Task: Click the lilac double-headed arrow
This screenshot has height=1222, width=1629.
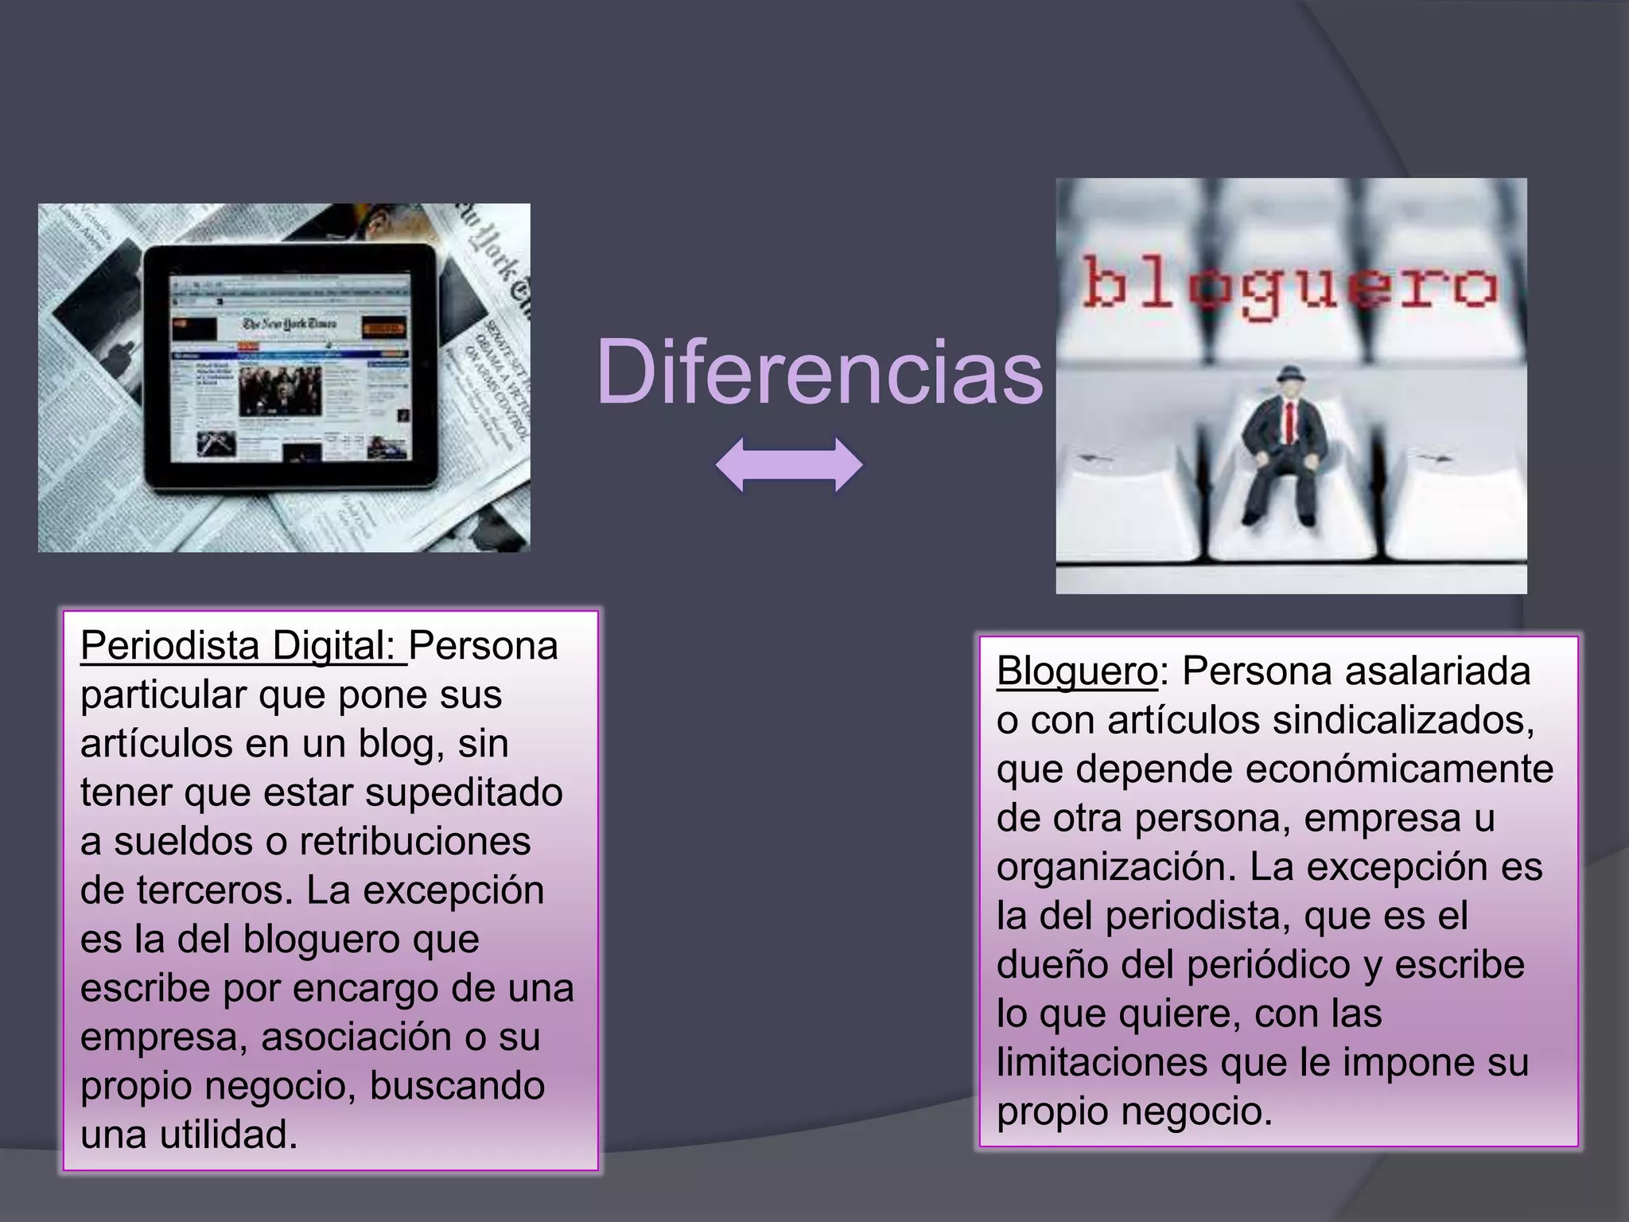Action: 789,465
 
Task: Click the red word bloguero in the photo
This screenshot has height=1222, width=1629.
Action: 1290,288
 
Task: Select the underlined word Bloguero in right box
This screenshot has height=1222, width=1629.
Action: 1077,671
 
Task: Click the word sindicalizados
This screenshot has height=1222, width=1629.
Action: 1402,720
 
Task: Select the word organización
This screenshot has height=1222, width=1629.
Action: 1116,867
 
